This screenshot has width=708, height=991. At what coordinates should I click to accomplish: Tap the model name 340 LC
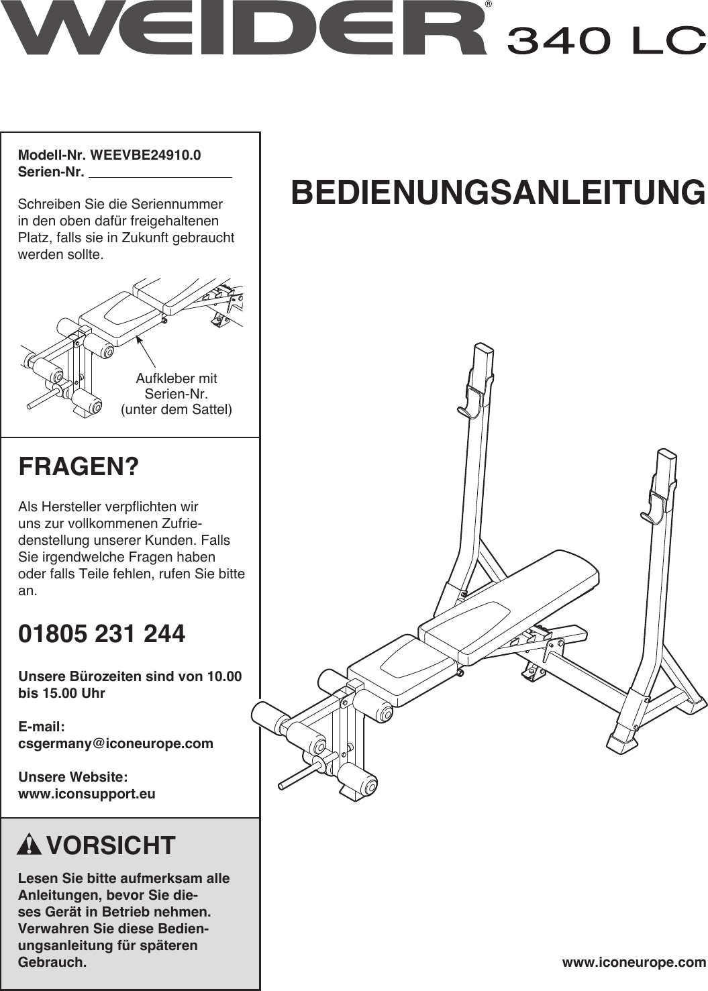click(605, 41)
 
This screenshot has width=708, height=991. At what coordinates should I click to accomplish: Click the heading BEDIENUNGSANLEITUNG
click(498, 193)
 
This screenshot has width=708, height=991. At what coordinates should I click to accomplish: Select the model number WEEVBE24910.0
click(145, 155)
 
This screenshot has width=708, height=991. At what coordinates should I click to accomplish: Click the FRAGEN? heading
click(79, 466)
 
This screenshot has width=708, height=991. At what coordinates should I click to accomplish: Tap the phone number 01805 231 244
click(101, 634)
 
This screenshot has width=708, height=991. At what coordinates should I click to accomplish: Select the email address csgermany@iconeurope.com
click(115, 743)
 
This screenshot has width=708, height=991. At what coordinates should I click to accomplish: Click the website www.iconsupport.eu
click(87, 794)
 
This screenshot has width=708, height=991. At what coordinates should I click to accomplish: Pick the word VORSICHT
click(111, 845)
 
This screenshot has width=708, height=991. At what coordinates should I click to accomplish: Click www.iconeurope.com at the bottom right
click(634, 962)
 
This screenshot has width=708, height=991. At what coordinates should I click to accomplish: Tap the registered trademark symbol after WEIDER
click(488, 5)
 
